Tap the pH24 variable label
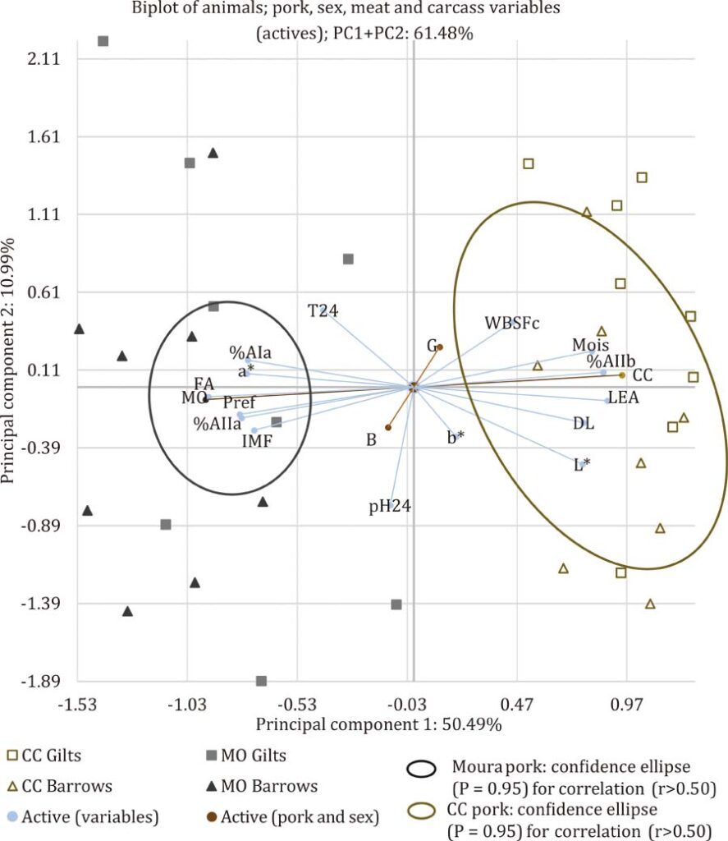pyautogui.click(x=389, y=506)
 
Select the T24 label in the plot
pyautogui.click(x=323, y=310)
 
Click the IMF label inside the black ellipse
pyautogui.click(x=257, y=441)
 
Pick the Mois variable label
pyautogui.click(x=590, y=345)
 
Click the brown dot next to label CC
pyautogui.click(x=622, y=375)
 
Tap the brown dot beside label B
pyautogui.click(x=388, y=427)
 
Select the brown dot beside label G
pyautogui.click(x=440, y=347)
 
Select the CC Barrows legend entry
pyautogui.click(x=66, y=785)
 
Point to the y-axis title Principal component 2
pyautogui.click(x=12, y=361)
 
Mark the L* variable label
pyautogui.click(x=581, y=466)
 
